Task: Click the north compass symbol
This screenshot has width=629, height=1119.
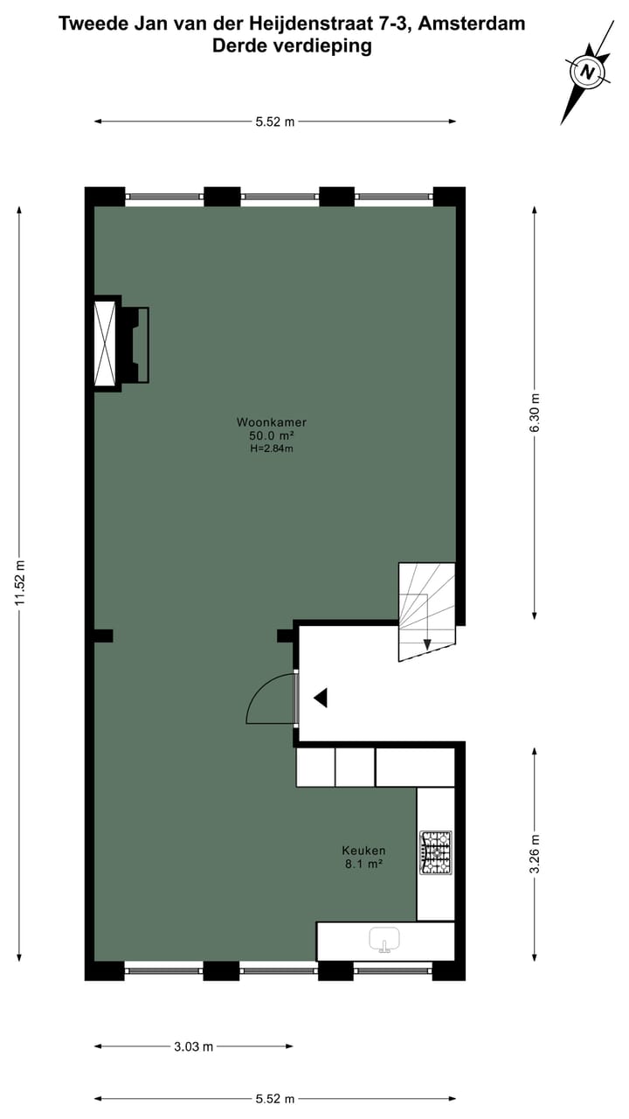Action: click(x=588, y=73)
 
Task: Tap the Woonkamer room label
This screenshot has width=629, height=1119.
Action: click(x=271, y=422)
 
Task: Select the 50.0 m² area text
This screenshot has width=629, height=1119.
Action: click(x=271, y=435)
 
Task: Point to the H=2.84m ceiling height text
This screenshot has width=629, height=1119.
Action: click(x=271, y=448)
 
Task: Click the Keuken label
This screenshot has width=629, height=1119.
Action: click(x=363, y=851)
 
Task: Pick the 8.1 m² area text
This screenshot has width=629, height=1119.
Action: click(x=363, y=865)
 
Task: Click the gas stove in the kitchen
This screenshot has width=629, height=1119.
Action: click(x=435, y=852)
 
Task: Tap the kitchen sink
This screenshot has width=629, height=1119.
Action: click(x=384, y=940)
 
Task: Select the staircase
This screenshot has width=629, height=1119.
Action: click(x=427, y=610)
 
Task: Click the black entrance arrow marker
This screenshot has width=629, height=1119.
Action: click(x=321, y=698)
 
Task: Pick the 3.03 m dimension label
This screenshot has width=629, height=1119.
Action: click(x=194, y=1046)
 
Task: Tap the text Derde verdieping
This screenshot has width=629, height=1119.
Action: click(x=292, y=46)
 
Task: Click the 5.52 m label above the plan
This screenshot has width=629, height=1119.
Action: click(x=275, y=122)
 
